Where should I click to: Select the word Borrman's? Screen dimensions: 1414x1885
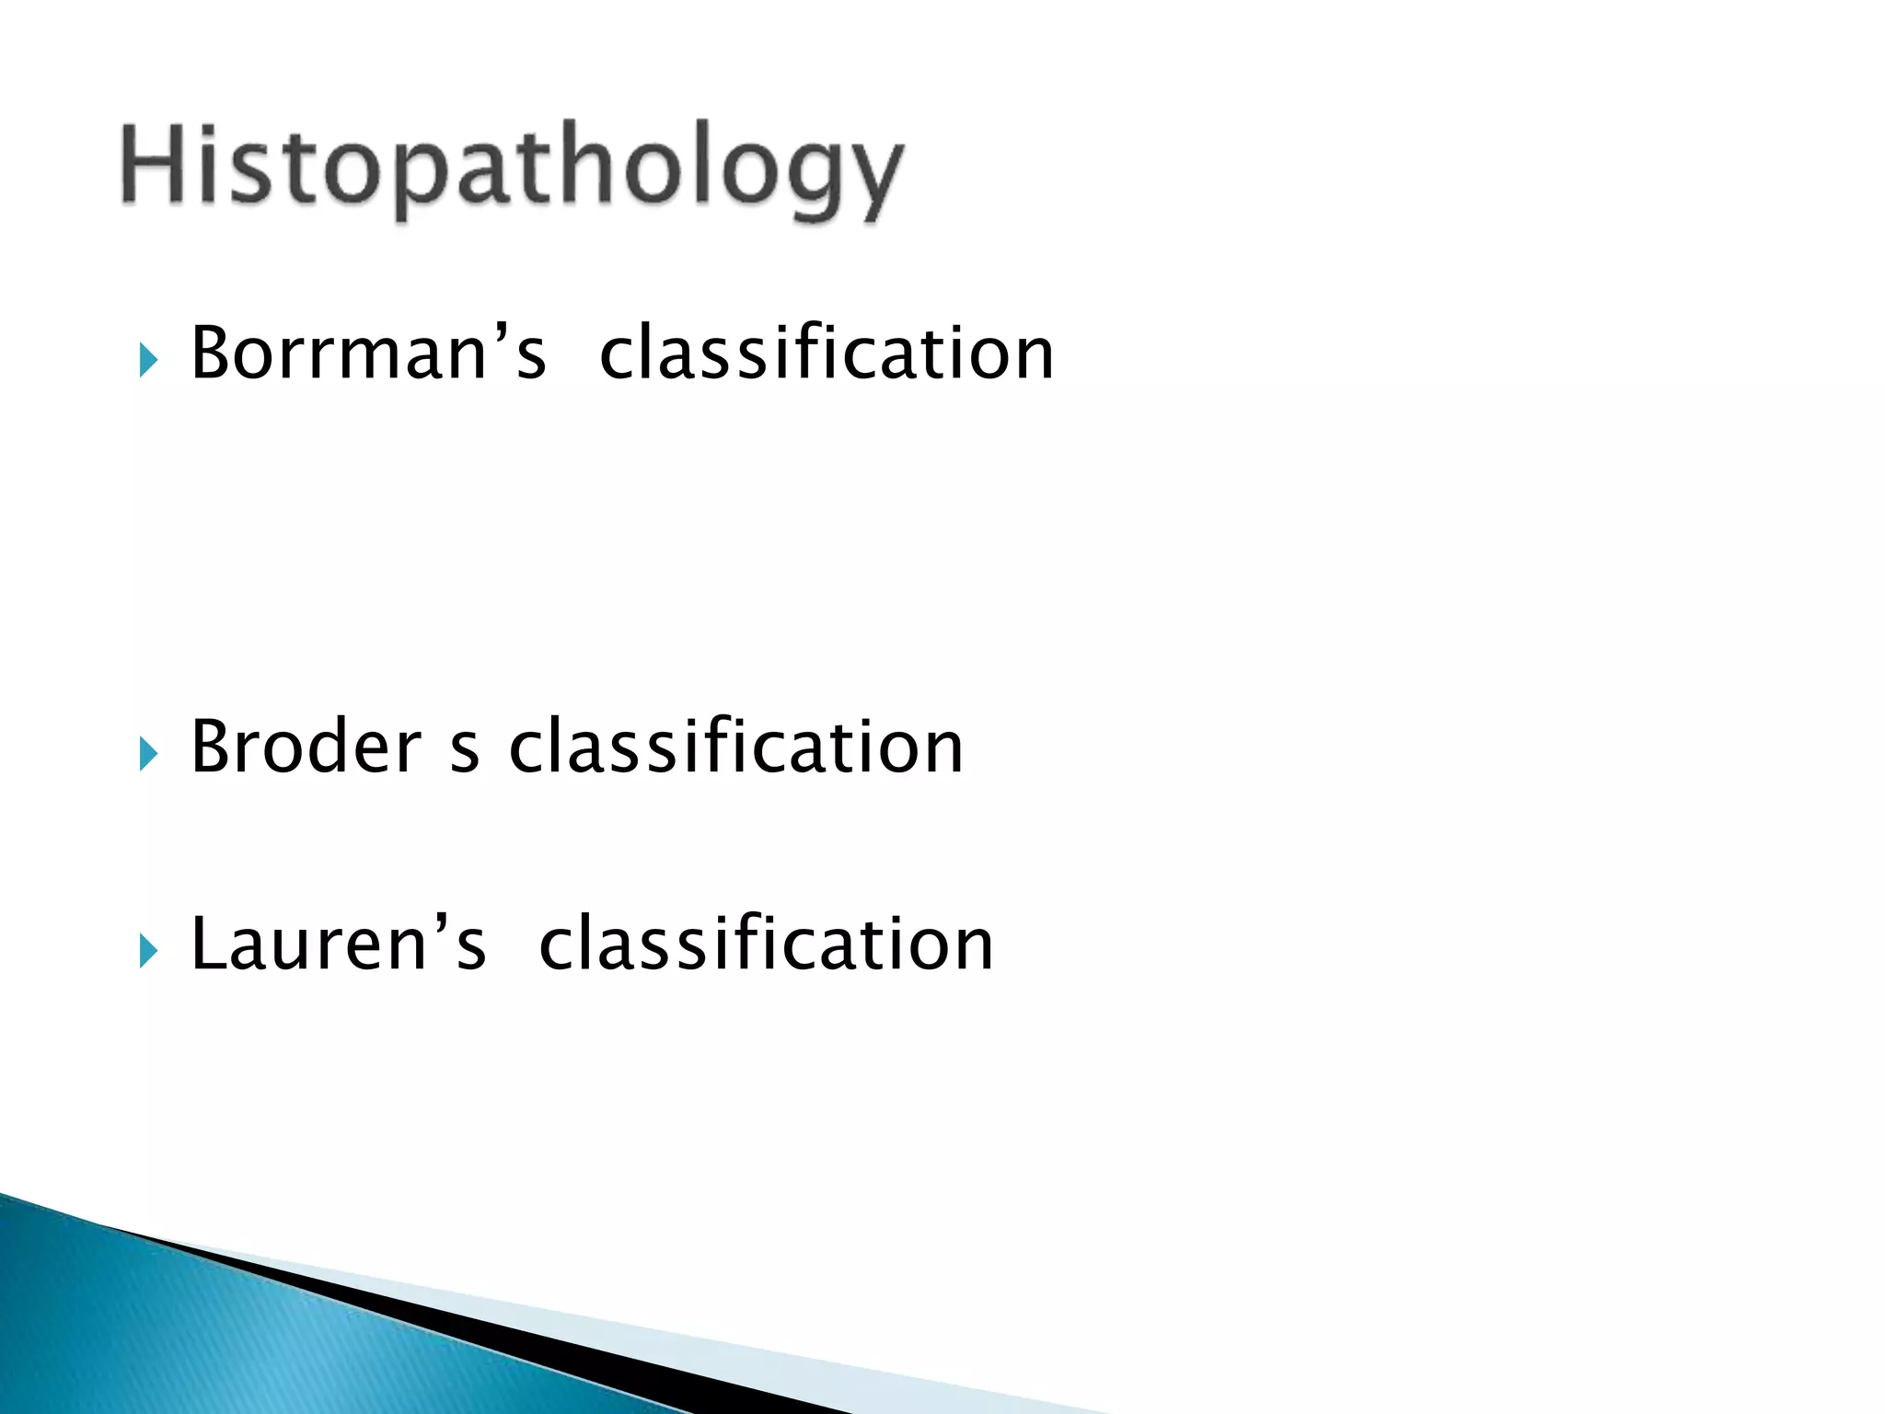coord(368,353)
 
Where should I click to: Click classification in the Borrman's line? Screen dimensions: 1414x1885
coord(826,353)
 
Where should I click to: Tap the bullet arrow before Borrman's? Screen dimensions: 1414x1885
coord(148,360)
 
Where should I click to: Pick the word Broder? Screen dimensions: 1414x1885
coord(306,747)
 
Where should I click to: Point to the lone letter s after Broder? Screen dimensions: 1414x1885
coord(465,753)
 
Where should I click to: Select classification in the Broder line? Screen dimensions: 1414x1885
coord(735,747)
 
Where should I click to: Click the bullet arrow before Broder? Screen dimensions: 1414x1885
coord(148,754)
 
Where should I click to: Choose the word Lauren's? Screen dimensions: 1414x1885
coord(338,944)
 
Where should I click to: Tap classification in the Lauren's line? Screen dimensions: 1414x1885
coord(766,944)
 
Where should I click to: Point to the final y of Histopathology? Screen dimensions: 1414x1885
coord(870,180)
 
